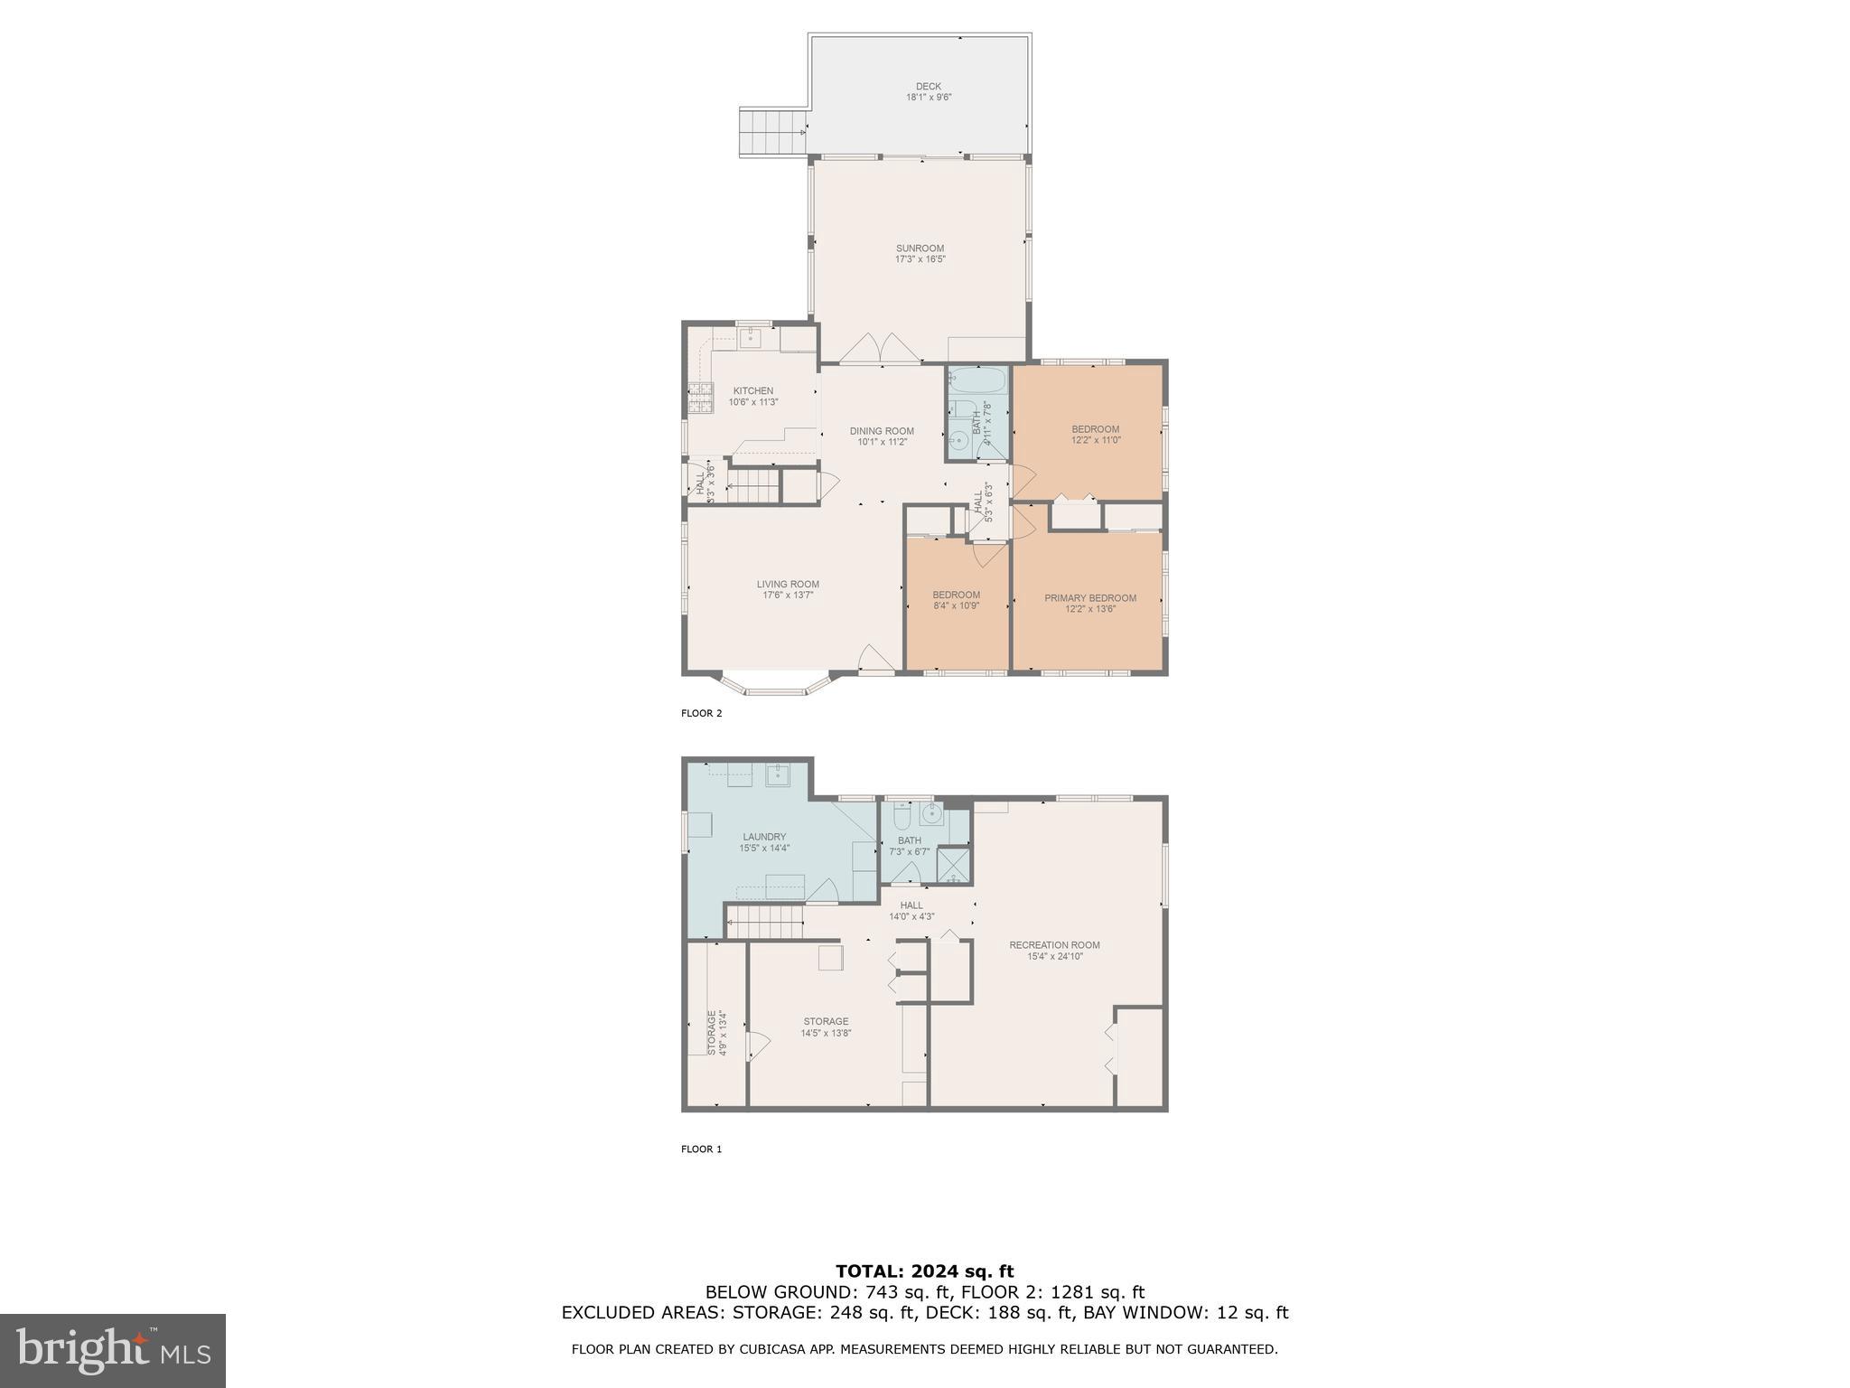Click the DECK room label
click(928, 87)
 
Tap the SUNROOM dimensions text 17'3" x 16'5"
click(920, 259)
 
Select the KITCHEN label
click(752, 391)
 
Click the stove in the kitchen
click(700, 398)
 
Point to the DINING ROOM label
click(882, 431)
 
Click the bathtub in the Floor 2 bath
click(976, 378)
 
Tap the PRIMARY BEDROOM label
click(1089, 598)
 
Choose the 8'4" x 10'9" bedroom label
click(956, 600)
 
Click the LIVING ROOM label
click(788, 585)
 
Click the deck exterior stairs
click(772, 133)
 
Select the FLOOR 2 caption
click(701, 713)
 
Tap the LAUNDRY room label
click(764, 837)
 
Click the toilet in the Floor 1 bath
click(901, 818)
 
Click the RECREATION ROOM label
click(1054, 945)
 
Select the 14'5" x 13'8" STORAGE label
click(826, 1027)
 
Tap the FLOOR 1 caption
click(701, 1149)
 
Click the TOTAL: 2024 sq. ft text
click(924, 1271)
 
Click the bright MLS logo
click(113, 1350)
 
